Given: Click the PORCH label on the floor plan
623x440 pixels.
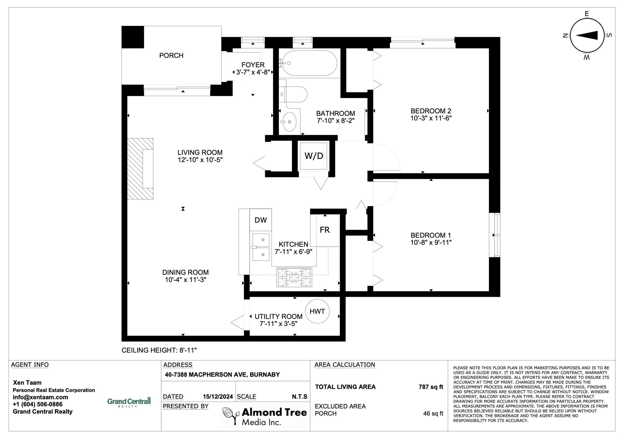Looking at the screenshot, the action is pyautogui.click(x=171, y=56).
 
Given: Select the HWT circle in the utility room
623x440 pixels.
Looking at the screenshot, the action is pyautogui.click(x=317, y=311).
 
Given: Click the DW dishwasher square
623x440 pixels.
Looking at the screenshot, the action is pyautogui.click(x=260, y=220).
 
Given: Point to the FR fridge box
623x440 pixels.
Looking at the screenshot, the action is pyautogui.click(x=325, y=230).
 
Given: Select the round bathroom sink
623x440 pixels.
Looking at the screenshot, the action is pyautogui.click(x=289, y=122).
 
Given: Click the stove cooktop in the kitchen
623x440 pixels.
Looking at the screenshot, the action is pyautogui.click(x=294, y=277).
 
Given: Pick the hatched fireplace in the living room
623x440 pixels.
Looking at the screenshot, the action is pyautogui.click(x=140, y=169).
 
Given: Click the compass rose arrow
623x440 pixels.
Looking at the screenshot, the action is pyautogui.click(x=587, y=35).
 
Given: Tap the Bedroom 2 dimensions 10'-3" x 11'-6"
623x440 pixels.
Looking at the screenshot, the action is pyautogui.click(x=431, y=118).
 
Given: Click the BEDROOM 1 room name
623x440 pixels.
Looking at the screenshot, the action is pyautogui.click(x=431, y=235).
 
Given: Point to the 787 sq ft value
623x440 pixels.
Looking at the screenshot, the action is pyautogui.click(x=431, y=387).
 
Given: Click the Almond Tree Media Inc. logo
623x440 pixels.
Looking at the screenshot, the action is pyautogui.click(x=265, y=416).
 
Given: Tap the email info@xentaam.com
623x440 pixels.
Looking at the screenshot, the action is pyautogui.click(x=40, y=397).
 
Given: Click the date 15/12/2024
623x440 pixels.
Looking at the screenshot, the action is pyautogui.click(x=218, y=397).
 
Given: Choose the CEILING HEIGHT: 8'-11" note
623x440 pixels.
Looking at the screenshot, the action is pyautogui.click(x=159, y=350).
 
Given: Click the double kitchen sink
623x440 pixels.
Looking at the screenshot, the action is pyautogui.click(x=261, y=247).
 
